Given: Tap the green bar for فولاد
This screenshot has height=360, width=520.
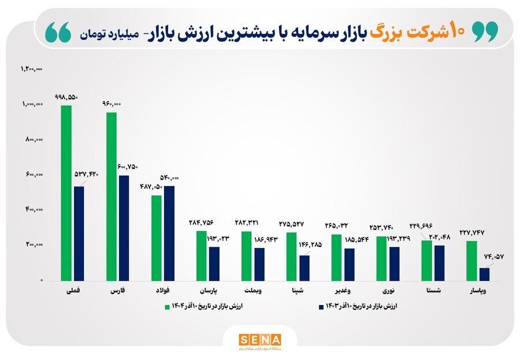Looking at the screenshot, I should click(x=157, y=237).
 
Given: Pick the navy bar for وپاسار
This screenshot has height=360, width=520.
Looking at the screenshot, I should click(x=484, y=273).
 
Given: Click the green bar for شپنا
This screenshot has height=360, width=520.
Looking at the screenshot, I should click(x=292, y=256).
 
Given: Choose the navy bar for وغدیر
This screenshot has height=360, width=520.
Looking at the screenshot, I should click(x=349, y=264).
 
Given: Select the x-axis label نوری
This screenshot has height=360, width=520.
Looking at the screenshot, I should click(x=389, y=290).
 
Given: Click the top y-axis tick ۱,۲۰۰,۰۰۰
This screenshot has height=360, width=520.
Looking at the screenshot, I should click(x=32, y=69).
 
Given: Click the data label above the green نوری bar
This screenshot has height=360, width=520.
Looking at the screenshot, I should click(x=382, y=228).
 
